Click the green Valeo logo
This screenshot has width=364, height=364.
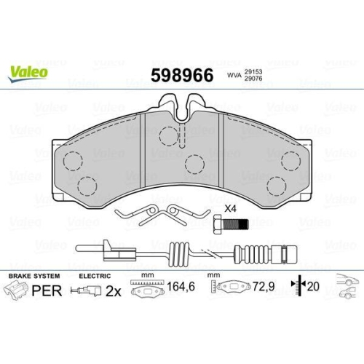pos(28,71)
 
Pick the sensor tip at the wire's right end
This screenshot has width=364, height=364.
pos(284,256)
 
